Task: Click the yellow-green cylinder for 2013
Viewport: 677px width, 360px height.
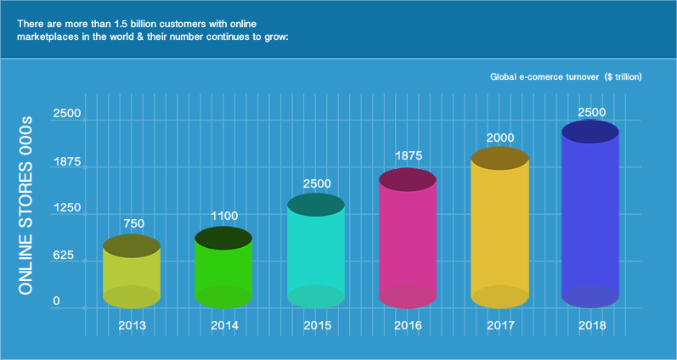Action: (x=132, y=272)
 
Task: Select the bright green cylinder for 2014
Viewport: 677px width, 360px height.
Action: (x=223, y=267)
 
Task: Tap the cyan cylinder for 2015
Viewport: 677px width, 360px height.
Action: (x=315, y=250)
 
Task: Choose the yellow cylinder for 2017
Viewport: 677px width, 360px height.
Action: (x=499, y=229)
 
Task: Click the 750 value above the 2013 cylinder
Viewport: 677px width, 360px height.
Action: (x=133, y=223)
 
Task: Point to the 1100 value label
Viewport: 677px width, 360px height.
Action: (x=224, y=215)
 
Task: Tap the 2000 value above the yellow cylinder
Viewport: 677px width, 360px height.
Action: (x=499, y=138)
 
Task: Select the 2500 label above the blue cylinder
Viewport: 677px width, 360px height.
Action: (x=591, y=112)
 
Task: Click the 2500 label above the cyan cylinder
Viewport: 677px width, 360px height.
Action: (x=317, y=183)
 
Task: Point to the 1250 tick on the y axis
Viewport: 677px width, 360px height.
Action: (x=67, y=208)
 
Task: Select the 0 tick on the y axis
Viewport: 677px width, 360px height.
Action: (x=56, y=301)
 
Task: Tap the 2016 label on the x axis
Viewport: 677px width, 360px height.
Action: (x=408, y=325)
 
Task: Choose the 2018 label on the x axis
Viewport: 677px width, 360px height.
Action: (x=591, y=325)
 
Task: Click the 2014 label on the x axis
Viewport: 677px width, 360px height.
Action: (x=224, y=325)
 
